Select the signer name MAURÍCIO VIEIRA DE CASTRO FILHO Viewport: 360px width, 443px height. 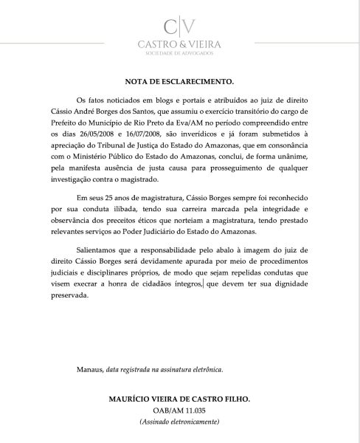click(x=179, y=399)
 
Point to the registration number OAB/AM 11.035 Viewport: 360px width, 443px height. click(x=179, y=411)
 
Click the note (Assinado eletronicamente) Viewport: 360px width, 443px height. click(x=179, y=422)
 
